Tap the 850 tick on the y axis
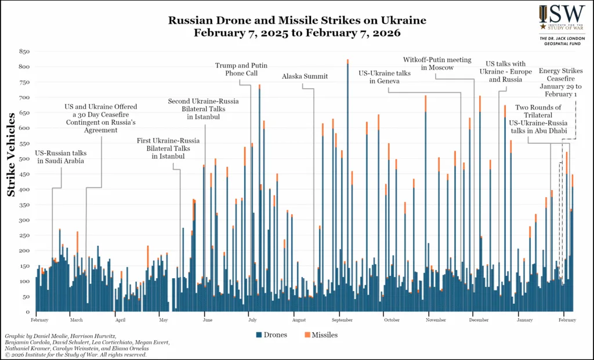tap(24, 52)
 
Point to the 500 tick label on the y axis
tap(24, 159)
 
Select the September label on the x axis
tap(343, 320)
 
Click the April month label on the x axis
tap(120, 320)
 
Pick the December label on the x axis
tap(479, 320)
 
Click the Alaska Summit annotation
tap(305, 77)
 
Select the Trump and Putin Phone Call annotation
tap(241, 70)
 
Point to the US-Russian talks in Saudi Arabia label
tap(60, 157)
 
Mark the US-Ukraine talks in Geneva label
tap(384, 77)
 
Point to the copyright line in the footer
tap(75, 355)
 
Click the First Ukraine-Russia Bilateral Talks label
tap(169, 148)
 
